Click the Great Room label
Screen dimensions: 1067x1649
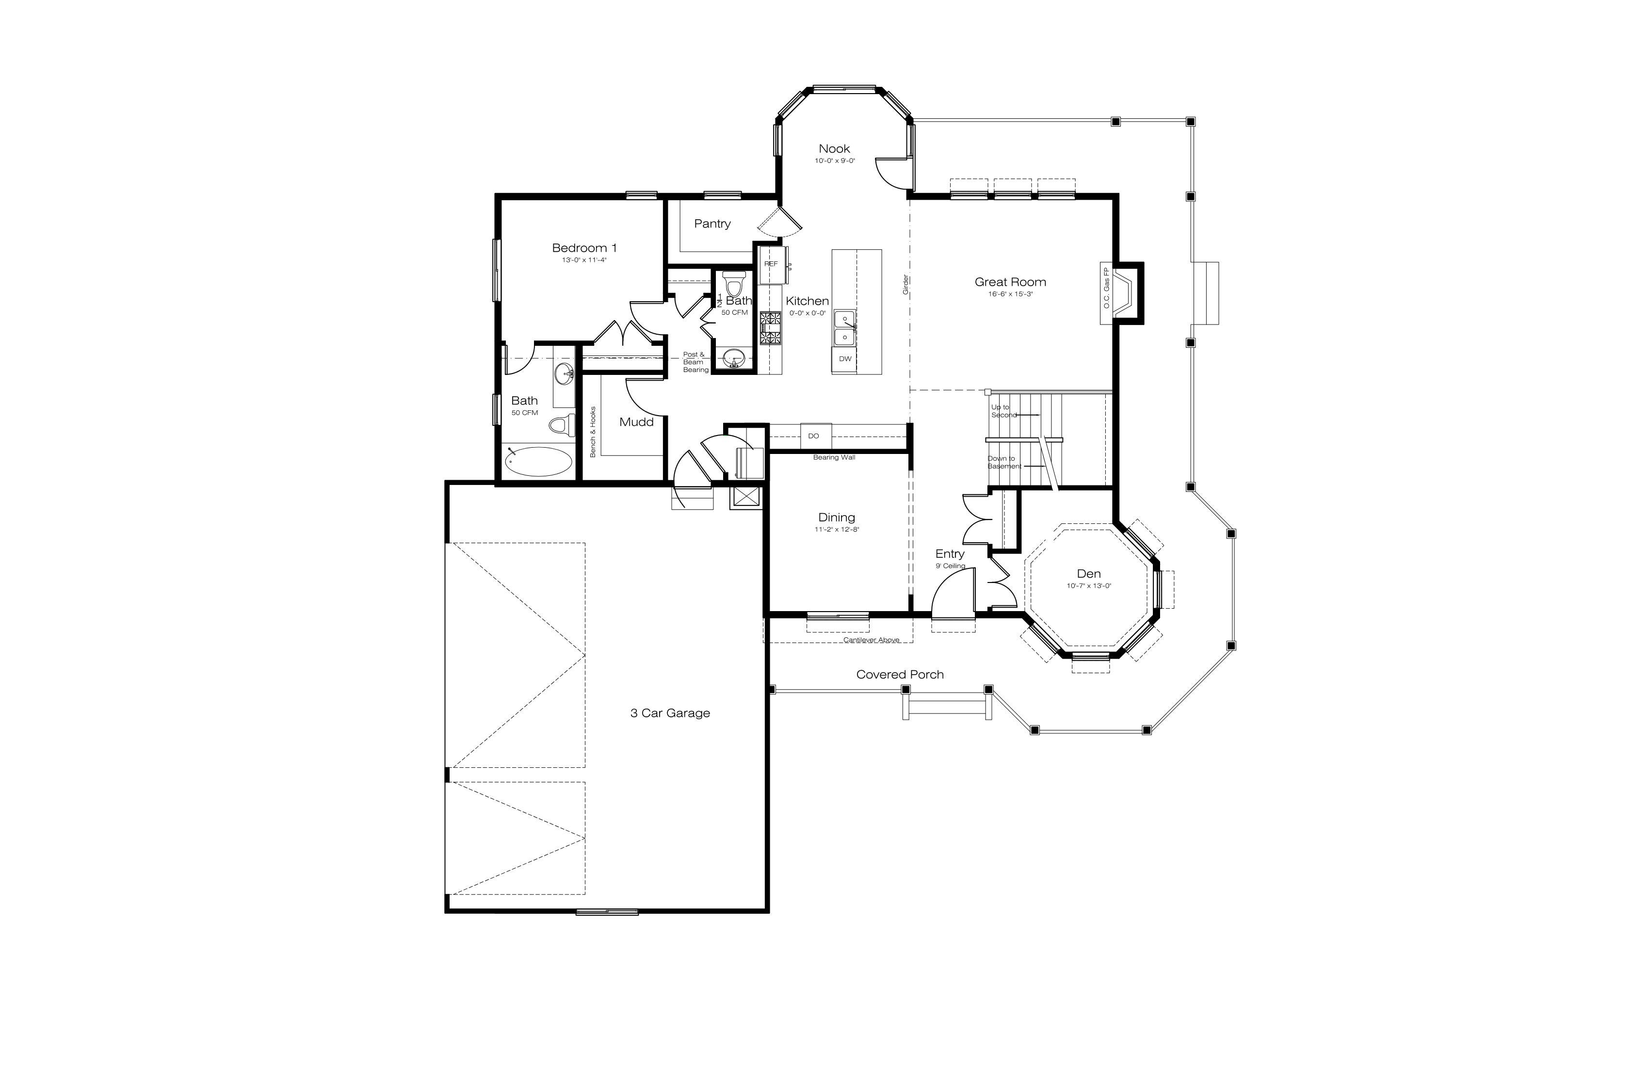pos(1010,282)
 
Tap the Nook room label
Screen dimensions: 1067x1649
pos(834,149)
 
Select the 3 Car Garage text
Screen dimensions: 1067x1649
pos(670,713)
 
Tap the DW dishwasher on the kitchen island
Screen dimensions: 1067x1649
pos(844,359)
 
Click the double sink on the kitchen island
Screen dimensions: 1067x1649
pos(844,328)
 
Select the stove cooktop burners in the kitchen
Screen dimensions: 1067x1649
pos(770,328)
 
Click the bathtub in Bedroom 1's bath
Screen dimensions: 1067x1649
pos(538,461)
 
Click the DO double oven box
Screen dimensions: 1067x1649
pos(815,436)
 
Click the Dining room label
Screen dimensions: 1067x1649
pos(836,517)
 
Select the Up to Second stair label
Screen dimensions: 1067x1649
pos(1002,411)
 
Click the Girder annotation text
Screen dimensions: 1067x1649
pos(905,285)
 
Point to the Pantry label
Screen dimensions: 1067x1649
pos(712,224)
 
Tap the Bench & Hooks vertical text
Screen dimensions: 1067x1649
pos(593,432)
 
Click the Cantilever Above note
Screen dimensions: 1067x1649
pos(871,640)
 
